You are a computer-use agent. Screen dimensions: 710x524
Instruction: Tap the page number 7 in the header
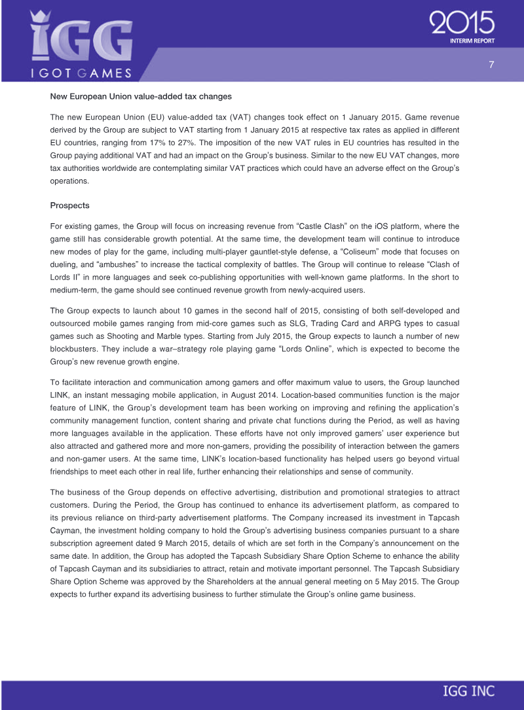(x=491, y=64)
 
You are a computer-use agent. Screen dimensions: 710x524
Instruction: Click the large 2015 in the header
(x=462, y=24)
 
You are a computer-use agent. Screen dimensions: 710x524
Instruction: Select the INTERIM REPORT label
(x=472, y=41)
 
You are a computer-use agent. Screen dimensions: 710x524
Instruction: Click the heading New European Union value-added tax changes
(x=141, y=96)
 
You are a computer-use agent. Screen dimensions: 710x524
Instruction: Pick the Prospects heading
(x=69, y=205)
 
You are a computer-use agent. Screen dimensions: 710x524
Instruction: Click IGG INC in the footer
(x=468, y=691)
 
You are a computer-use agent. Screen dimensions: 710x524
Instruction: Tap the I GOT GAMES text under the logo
(x=81, y=73)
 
